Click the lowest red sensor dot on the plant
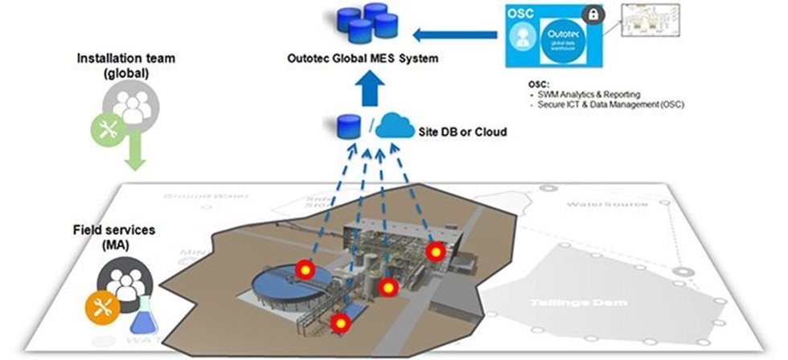click(x=340, y=323)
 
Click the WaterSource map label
click(x=607, y=204)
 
